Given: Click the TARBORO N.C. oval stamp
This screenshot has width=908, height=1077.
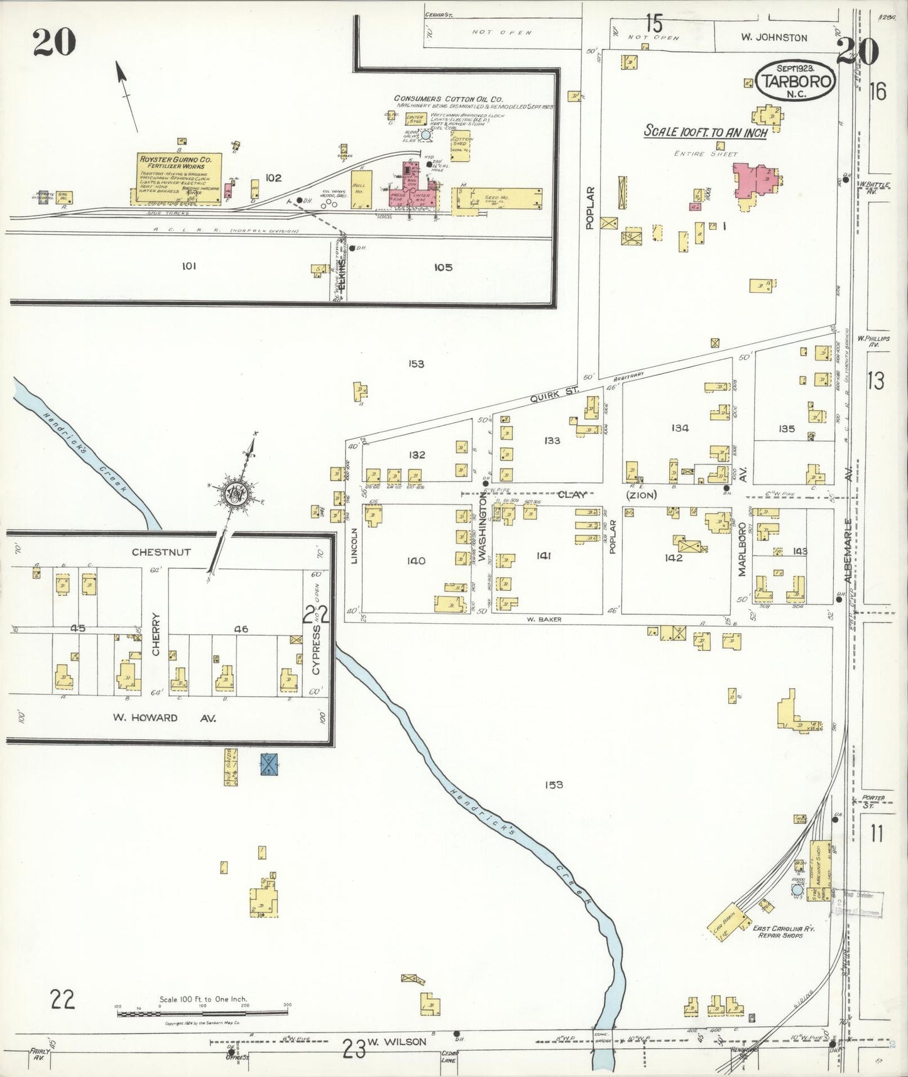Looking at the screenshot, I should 797,80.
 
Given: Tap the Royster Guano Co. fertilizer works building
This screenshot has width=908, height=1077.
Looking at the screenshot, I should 179,179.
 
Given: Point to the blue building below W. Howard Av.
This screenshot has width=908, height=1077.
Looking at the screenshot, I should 270,763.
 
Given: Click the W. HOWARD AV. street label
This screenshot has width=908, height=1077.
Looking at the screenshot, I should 165,718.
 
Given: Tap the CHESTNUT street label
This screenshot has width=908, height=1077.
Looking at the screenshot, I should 161,552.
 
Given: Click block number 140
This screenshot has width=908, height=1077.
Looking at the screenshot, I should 416,560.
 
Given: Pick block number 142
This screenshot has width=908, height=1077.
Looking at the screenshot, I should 673,557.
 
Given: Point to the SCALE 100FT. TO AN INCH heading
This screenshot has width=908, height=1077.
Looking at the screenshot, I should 705,132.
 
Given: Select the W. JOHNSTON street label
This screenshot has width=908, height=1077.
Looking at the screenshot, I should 773,38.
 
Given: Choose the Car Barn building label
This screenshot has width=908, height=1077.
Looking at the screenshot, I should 725,922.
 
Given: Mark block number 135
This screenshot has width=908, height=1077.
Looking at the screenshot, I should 786,429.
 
